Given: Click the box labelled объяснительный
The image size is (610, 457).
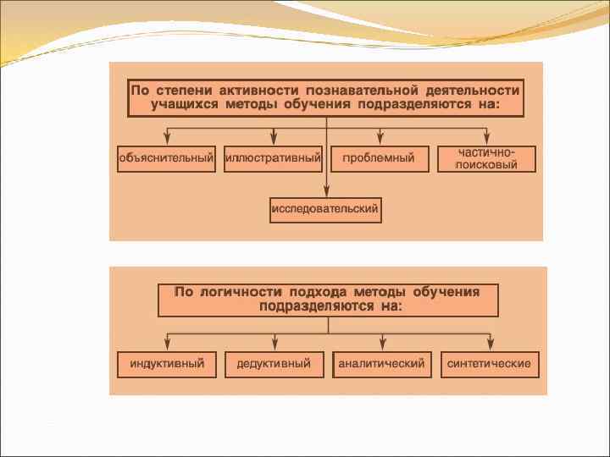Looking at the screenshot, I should tap(166, 158).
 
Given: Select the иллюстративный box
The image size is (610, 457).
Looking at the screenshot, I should tap(273, 158).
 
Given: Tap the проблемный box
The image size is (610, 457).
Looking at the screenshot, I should tap(379, 158).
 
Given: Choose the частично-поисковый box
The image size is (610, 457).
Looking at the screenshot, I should tap(486, 158).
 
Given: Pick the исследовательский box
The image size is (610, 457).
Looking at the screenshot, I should tap(325, 209).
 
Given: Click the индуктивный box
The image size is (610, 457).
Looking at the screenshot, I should tap(167, 364).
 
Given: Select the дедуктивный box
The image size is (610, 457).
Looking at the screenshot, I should tap(274, 364).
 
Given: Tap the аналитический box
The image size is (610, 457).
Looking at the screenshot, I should tap(381, 364).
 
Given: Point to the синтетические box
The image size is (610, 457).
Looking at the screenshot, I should tap(489, 364).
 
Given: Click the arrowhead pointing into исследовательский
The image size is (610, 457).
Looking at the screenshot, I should tap(326, 190).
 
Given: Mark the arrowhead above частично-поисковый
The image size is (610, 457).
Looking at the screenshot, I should tap(487, 138).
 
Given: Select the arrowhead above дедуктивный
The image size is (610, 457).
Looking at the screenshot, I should tap(274, 343).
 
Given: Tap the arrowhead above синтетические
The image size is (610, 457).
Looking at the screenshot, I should tap(490, 343).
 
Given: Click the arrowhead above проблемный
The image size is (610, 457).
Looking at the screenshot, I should tap(380, 138).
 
